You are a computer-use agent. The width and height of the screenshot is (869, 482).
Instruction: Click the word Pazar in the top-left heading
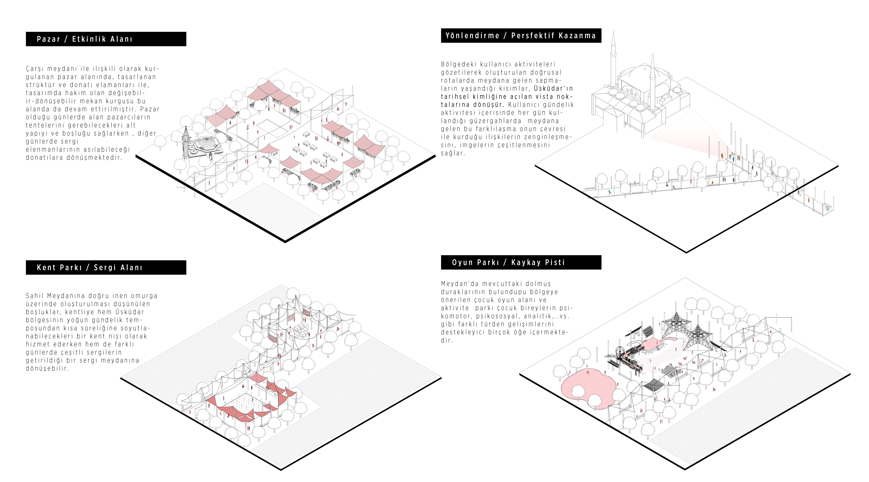point(48,39)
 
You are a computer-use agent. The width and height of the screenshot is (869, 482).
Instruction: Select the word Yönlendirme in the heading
point(472,36)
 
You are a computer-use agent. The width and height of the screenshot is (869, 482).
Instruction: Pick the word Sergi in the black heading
point(105,268)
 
